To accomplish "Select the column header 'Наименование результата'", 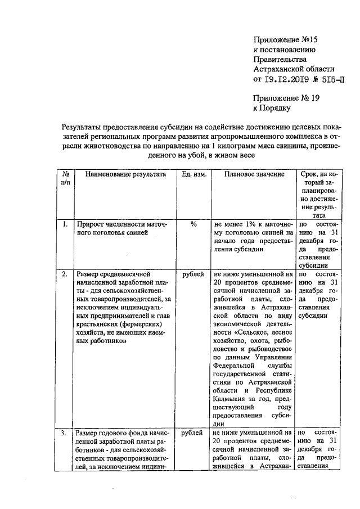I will (126, 174).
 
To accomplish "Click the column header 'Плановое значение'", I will (254, 174).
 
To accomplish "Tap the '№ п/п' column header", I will (66, 179).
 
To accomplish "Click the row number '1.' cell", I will (66, 224).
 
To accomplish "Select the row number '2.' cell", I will (66, 274).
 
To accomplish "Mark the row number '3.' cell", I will (66, 433).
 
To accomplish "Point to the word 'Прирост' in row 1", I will (91, 224).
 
